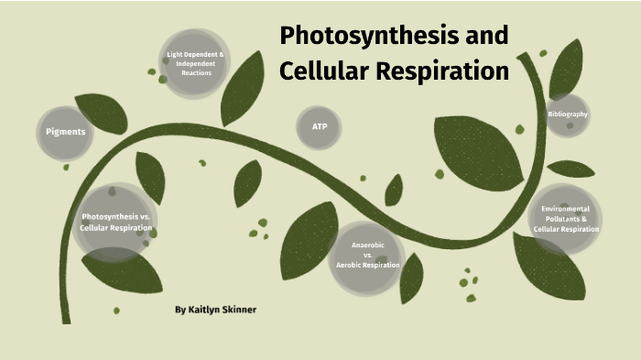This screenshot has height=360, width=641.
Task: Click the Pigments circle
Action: point(66,131)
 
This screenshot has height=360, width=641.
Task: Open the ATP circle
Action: point(320,126)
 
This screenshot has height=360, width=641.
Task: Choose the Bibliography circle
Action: point(568,115)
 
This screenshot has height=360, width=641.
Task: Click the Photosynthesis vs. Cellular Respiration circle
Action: point(114,222)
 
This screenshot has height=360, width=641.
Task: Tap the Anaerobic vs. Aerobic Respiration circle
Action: point(367,255)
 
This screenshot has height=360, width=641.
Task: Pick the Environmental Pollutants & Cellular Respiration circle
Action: point(566,219)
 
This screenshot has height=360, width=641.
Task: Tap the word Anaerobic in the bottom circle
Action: point(368,245)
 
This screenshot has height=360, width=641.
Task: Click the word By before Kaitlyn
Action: point(180,310)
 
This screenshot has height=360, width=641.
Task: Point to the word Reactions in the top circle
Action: point(196,72)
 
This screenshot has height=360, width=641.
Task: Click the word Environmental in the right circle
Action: point(566,209)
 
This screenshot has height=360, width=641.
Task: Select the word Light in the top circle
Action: point(176,54)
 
